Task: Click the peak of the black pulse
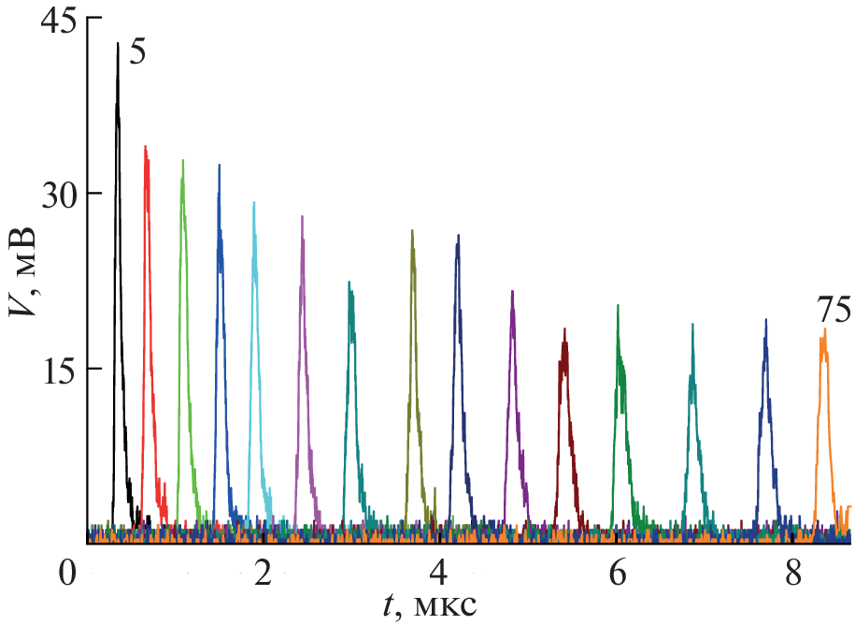point(118,44)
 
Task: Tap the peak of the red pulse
point(146,147)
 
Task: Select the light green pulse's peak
point(182,161)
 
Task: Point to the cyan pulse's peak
point(253,203)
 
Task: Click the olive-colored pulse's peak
point(412,230)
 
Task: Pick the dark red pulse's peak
point(564,329)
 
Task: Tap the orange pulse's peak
point(825,329)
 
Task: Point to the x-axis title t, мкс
point(431,606)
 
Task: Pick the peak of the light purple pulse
point(302,217)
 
